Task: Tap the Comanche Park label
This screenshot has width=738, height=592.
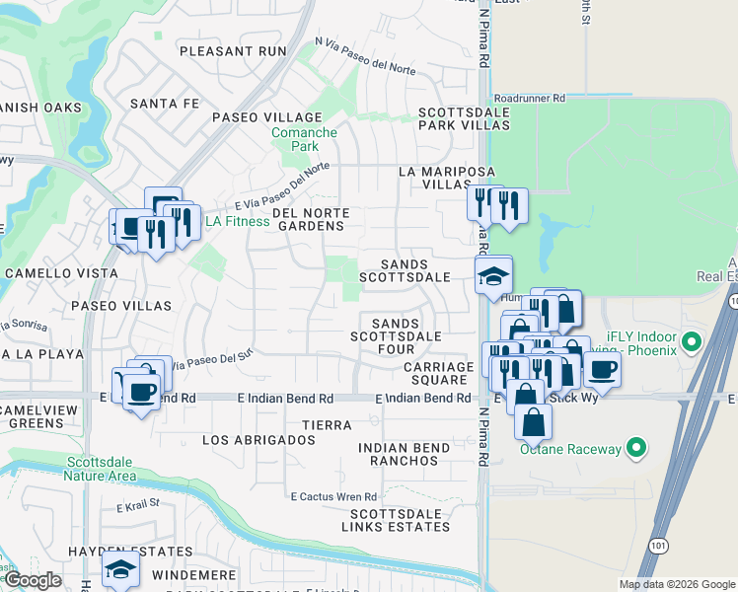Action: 305,139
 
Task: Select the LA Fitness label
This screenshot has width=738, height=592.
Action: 237,221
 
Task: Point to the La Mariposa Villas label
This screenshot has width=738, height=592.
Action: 434,178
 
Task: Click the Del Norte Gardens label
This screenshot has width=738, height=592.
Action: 308,219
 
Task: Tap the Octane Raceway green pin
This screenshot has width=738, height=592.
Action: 636,449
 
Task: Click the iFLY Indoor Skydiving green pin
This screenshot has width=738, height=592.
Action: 692,343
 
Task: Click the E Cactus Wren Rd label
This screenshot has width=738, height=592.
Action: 333,496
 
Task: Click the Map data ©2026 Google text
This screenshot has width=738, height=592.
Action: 677,584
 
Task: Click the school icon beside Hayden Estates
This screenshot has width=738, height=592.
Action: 121,568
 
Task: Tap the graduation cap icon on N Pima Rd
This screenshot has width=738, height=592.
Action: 493,275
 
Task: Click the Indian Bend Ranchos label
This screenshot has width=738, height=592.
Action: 404,454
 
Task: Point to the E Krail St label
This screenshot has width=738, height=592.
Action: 137,506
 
